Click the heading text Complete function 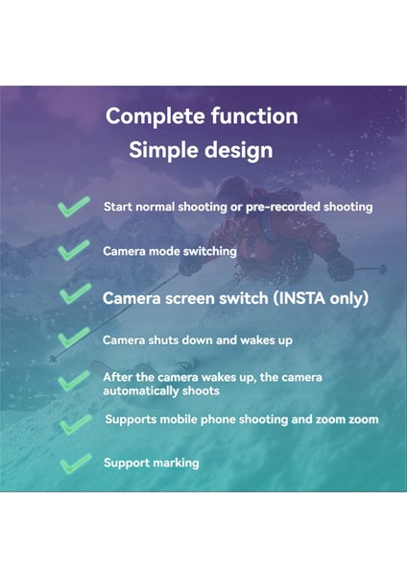[x=202, y=116]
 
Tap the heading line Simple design [x=202, y=150]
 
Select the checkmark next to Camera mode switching [x=74, y=251]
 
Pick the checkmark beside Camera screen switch [x=74, y=293]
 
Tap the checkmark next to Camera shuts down [x=74, y=338]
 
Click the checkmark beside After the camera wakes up [x=74, y=380]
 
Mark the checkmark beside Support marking [x=74, y=464]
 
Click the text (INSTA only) [x=323, y=298]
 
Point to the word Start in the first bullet [x=118, y=207]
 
